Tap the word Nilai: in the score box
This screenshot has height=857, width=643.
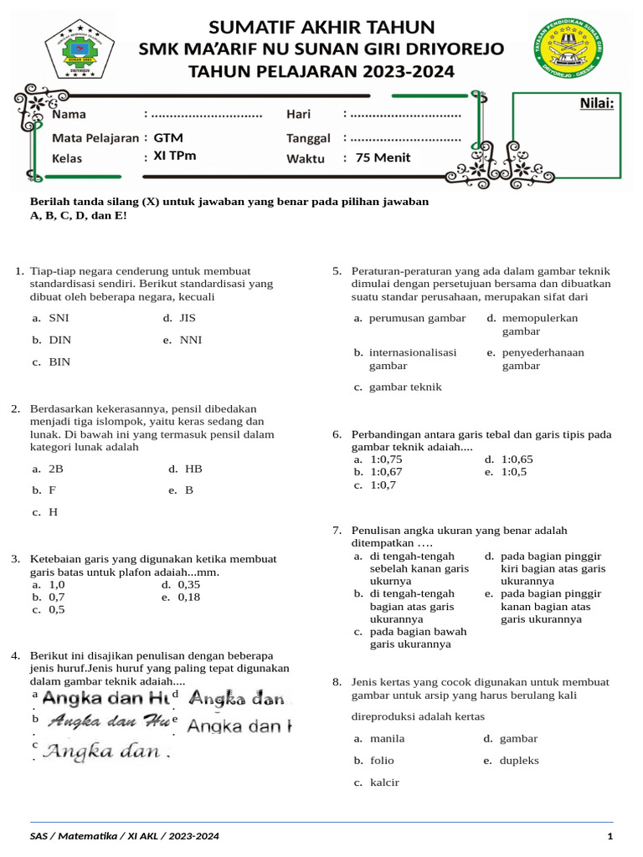[596, 104]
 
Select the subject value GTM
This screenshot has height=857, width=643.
[168, 137]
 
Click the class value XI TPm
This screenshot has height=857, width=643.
[175, 156]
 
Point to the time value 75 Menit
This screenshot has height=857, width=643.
[383, 157]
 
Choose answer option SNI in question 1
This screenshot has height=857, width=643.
[59, 318]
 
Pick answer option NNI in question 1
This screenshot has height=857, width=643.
[190, 340]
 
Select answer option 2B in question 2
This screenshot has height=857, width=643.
[56, 469]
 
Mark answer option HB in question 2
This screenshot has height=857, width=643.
[193, 469]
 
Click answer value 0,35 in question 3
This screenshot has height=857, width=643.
[188, 584]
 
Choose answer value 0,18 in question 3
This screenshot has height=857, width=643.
[188, 597]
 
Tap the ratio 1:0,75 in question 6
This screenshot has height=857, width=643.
[386, 459]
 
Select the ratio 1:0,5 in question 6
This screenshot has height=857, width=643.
[513, 471]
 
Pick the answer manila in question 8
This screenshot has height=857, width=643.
[387, 738]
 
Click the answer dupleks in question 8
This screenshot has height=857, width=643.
[519, 760]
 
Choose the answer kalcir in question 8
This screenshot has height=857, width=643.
[384, 782]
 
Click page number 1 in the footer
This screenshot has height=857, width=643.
[610, 836]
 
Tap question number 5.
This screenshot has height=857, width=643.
[337, 271]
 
